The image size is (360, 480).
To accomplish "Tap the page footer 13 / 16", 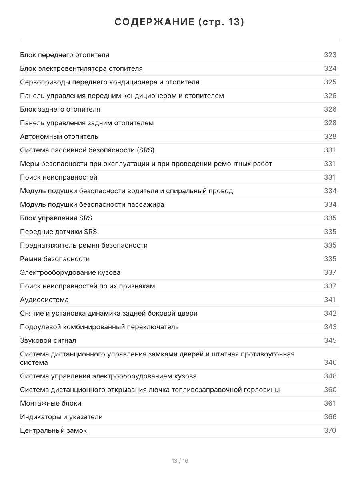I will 180,461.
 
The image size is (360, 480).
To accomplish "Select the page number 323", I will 330,55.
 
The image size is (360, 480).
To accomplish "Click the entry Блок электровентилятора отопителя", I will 81,68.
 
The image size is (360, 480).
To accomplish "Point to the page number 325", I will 330,82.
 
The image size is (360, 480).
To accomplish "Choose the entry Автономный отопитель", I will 59,136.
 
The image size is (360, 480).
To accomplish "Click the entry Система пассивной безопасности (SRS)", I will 87,150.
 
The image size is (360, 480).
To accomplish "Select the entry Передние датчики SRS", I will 58,232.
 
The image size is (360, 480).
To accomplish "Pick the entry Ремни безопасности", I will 55,259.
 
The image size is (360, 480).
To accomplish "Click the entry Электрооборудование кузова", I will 70,272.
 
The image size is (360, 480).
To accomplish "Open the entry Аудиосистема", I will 44,300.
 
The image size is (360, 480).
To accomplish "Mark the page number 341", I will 330,300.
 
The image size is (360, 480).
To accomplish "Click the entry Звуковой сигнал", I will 48,340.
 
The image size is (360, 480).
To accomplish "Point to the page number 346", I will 330,362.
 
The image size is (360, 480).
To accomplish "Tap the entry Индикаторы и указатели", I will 61,417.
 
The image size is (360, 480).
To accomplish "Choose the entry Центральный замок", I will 53,430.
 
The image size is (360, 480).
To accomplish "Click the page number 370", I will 330,430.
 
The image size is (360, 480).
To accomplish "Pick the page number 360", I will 330,390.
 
